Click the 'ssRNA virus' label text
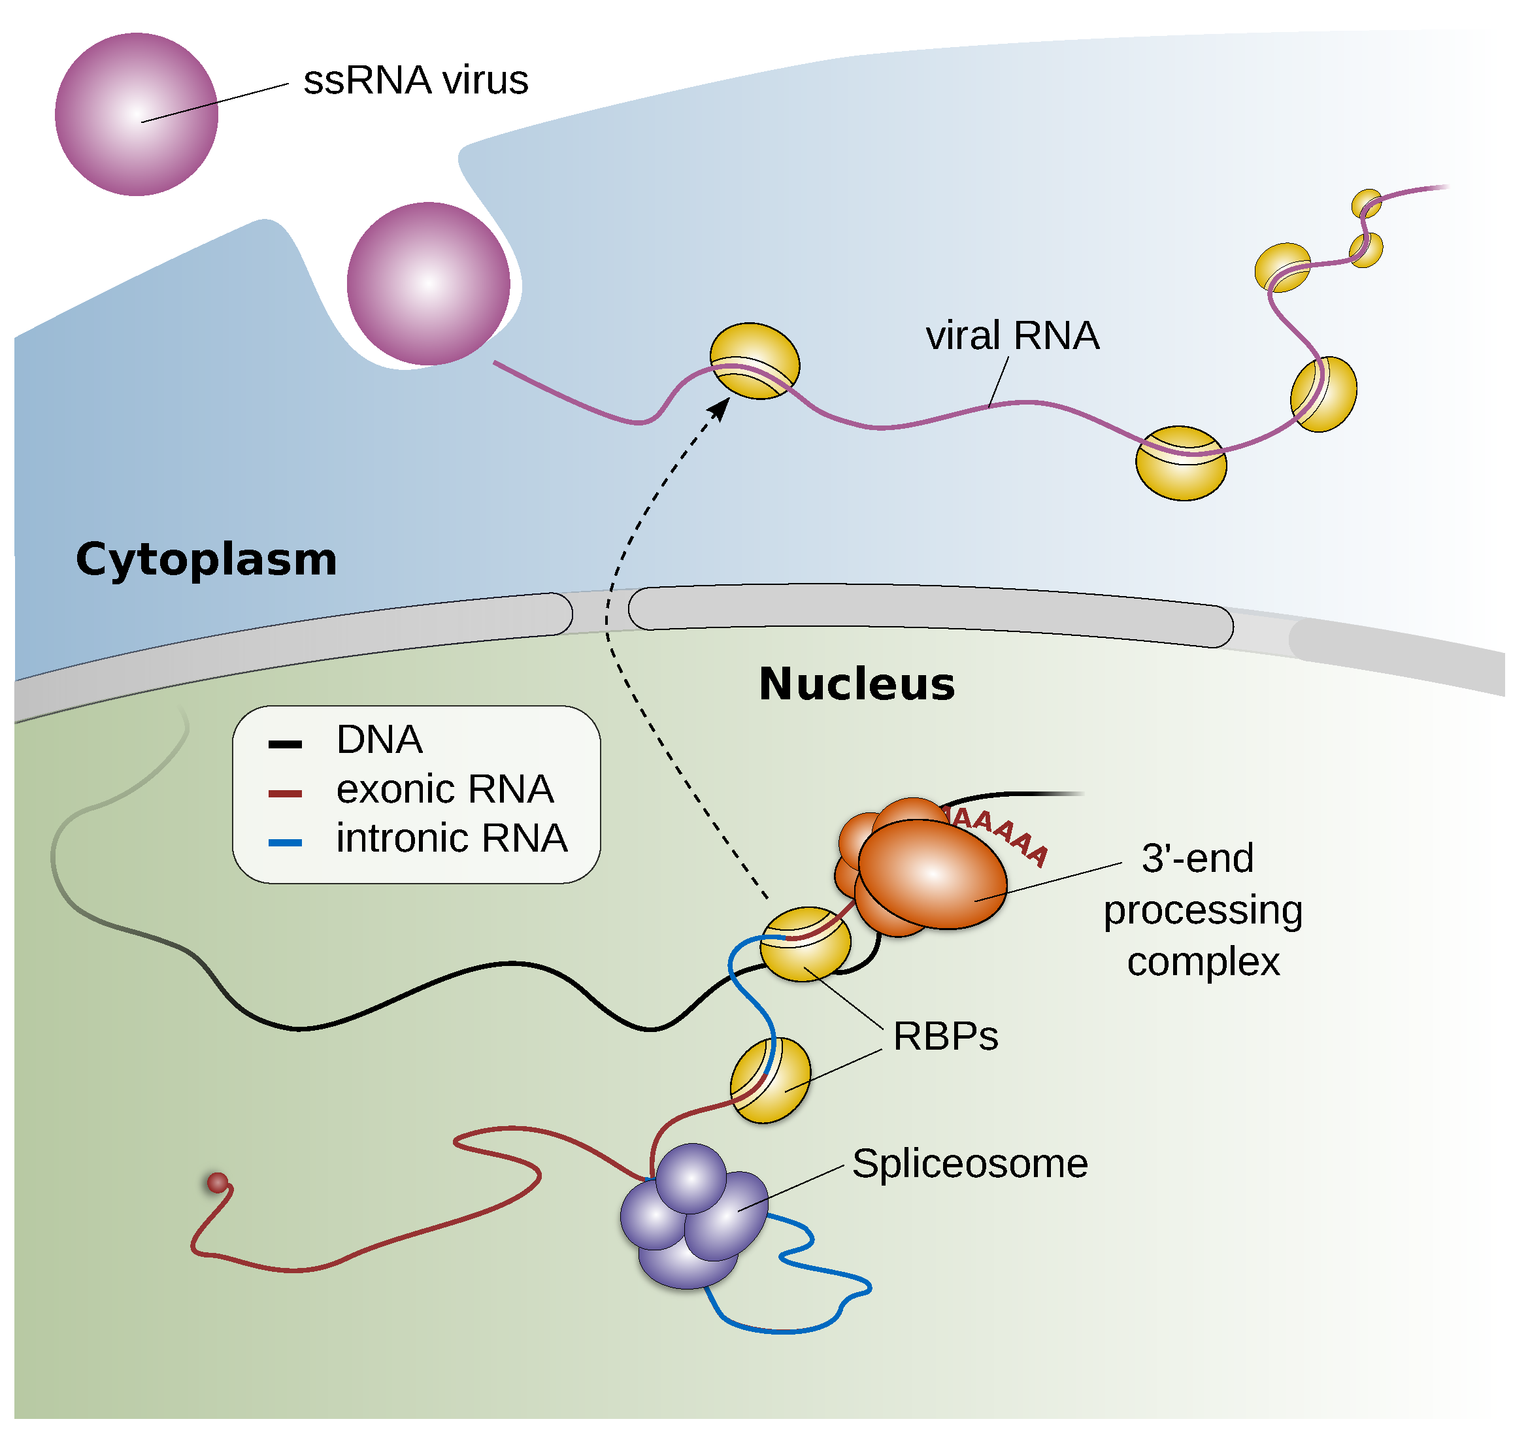[416, 80]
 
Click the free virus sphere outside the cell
[137, 114]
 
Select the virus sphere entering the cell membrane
[428, 284]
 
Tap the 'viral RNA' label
[1012, 336]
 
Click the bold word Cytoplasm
[207, 559]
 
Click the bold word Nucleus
[857, 684]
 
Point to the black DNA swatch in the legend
[284, 744]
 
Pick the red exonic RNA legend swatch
[284, 793]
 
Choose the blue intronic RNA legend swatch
[284, 843]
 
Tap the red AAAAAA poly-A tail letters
[999, 833]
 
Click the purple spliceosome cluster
[691, 1218]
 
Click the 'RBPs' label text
[946, 1036]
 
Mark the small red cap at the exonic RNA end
[218, 1183]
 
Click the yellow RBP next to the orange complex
[805, 944]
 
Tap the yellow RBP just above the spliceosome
[770, 1080]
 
